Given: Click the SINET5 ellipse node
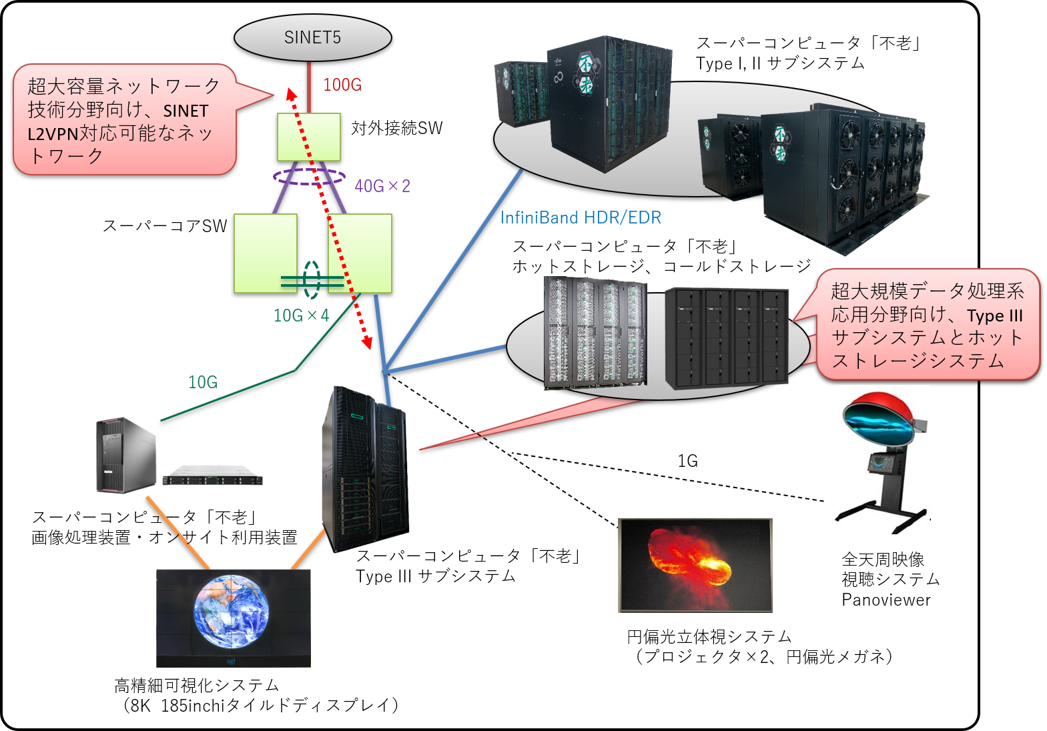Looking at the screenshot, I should point(312,38).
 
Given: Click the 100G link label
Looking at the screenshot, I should point(342,85).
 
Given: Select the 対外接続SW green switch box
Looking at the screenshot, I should point(309,137).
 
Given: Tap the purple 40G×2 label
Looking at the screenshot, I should point(382,186).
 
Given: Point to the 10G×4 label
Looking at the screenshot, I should point(301,315).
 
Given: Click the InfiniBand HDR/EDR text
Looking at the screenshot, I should point(581,217).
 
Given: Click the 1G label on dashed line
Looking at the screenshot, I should point(687,461).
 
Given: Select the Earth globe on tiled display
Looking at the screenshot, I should point(232,612).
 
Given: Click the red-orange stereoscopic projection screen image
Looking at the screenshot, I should point(695,564).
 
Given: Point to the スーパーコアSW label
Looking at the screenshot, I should point(164,226).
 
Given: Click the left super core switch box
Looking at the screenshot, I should point(265,253).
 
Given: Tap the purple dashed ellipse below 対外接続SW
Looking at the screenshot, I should point(309,176).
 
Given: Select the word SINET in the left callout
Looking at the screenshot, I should point(186,111).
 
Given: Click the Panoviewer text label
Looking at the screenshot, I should point(886,600).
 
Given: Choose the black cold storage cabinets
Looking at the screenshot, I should point(727,337).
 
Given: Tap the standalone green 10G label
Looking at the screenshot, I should point(203,382).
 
